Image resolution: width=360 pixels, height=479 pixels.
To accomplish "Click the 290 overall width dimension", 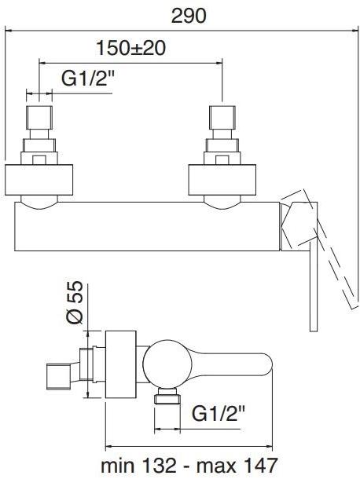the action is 189,16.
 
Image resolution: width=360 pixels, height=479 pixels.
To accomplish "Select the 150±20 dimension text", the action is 131,48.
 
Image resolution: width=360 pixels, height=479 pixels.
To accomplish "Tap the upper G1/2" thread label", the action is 88,79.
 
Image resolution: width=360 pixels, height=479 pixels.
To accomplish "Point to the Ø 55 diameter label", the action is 75,302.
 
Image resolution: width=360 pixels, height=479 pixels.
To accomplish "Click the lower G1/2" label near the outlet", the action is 219,414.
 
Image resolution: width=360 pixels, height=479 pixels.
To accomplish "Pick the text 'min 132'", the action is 139,466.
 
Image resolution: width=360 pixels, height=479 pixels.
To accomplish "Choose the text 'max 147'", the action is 237,466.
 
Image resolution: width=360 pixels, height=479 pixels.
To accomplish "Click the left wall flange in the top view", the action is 39,180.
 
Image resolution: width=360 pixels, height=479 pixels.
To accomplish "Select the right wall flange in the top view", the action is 222,180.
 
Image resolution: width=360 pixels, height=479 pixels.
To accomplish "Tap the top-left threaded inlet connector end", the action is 39,118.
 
